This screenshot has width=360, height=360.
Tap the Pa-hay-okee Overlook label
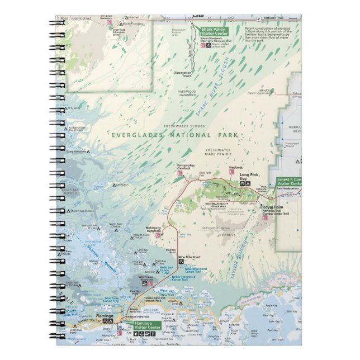187,167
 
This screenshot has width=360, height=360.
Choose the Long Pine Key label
249,177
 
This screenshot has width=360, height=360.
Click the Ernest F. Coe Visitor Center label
289,181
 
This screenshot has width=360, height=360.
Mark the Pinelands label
236,168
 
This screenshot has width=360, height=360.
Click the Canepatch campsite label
122,184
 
